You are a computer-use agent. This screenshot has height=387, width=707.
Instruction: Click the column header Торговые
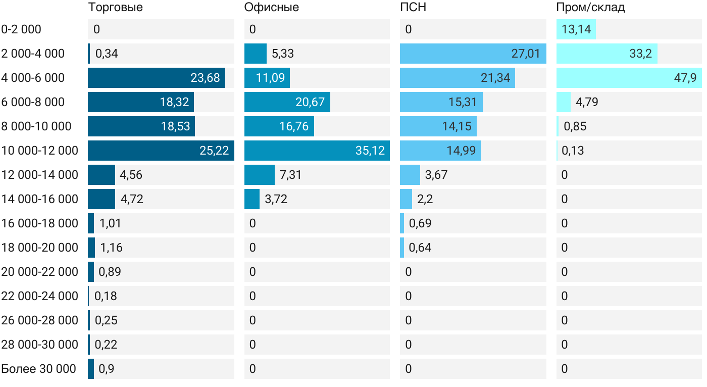click(x=115, y=8)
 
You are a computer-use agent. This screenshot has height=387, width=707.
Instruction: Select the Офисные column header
click(x=271, y=8)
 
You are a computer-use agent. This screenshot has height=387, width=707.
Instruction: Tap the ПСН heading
click(x=410, y=8)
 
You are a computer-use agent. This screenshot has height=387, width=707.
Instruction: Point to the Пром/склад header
click(x=590, y=8)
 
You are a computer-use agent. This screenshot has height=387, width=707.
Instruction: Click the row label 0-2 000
click(x=21, y=29)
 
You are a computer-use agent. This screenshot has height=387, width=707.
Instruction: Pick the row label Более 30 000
click(x=39, y=369)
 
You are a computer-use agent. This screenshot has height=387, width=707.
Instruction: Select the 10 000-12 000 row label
click(x=40, y=151)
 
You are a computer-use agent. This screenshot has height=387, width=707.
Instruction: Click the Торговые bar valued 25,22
click(x=161, y=151)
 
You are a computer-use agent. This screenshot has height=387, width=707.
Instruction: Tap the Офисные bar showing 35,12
click(x=317, y=151)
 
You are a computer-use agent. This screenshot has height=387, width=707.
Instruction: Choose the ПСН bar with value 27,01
click(x=473, y=54)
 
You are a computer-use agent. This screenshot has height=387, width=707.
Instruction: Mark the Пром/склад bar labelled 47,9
click(x=629, y=78)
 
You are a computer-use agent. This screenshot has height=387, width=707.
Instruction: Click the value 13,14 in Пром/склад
click(x=576, y=29)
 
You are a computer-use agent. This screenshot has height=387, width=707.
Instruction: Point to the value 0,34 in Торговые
click(x=107, y=54)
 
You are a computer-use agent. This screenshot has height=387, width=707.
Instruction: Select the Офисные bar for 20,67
click(x=287, y=102)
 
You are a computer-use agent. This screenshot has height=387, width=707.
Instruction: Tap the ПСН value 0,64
click(x=420, y=248)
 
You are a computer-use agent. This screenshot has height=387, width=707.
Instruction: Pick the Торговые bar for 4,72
click(x=102, y=199)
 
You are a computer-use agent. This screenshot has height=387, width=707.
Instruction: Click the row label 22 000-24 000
click(x=40, y=296)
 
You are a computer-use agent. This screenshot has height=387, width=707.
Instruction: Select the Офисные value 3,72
click(x=276, y=199)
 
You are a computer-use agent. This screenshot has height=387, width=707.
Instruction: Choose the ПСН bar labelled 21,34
click(x=457, y=78)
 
